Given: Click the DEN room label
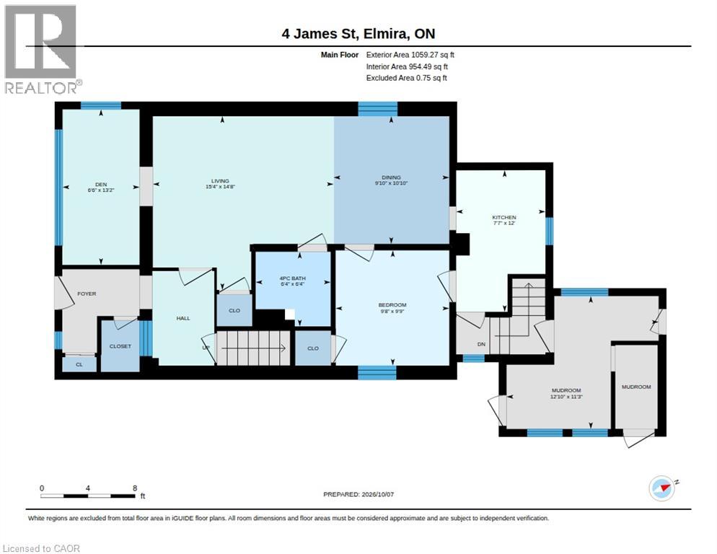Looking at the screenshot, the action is tap(100, 185).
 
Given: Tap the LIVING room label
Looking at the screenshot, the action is tap(220, 181).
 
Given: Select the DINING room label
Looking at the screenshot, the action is tap(391, 177).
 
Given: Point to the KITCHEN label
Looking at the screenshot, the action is tap(504, 217).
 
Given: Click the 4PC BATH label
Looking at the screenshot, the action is tap(293, 278).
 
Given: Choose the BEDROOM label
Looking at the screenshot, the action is tap(392, 305).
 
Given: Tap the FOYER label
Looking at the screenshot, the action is tap(87, 294).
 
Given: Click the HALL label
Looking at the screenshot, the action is tap(183, 318).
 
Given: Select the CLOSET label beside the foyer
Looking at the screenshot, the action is tap(120, 346).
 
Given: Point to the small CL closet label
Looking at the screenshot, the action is tap(79, 364).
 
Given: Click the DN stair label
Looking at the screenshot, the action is tap(481, 344).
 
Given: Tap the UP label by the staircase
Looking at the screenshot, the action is tap(206, 348).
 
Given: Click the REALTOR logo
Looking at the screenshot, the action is tap(42, 49).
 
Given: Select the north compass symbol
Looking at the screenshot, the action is tap(663, 488).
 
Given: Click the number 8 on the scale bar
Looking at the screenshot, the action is tap(134, 488).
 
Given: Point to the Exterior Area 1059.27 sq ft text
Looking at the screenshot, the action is tap(410, 55).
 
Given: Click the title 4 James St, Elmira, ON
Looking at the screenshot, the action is tap(358, 34).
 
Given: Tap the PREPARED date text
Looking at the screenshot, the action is tap(358, 494).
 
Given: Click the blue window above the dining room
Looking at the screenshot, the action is tap(378, 109).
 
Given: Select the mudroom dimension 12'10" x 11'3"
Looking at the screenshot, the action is tap(566, 397).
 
